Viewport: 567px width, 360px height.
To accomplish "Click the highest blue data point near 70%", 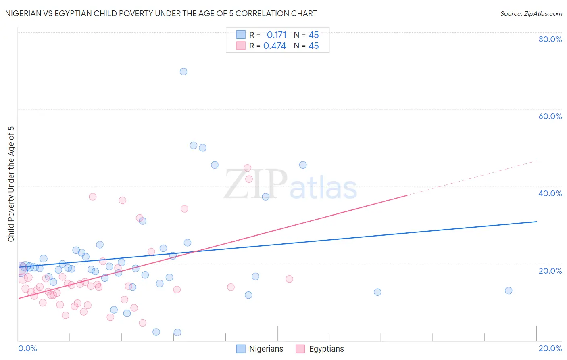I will [183, 71].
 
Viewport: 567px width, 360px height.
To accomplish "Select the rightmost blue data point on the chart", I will [509, 291].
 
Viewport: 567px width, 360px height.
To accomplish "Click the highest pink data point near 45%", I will [248, 168].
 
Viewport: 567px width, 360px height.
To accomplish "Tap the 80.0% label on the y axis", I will [550, 39].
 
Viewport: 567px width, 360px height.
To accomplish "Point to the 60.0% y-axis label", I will [550, 116].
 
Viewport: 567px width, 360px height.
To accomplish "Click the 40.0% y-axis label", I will [550, 193].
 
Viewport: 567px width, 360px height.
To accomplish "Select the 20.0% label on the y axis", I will [550, 271].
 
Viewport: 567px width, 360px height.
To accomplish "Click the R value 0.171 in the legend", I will [276, 35].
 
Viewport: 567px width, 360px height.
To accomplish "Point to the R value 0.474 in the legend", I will [275, 46].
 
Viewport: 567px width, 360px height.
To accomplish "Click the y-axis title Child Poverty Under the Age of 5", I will [11, 184].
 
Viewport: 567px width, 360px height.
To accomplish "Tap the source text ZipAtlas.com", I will [531, 14].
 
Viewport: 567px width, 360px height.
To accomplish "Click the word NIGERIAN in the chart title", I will [25, 14].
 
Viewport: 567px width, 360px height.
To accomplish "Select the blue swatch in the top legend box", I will [241, 35].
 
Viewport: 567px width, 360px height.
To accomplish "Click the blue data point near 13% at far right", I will [509, 291].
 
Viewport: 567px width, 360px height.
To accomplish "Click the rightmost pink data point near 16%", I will [289, 279].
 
